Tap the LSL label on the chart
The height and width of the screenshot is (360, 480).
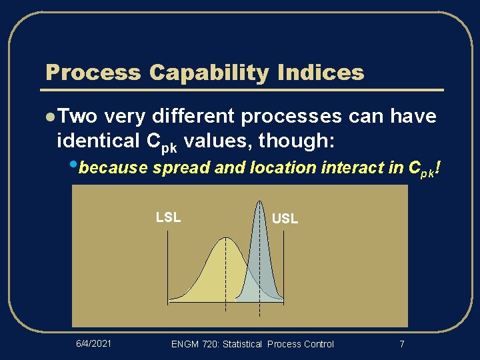pyautogui.click(x=168, y=217)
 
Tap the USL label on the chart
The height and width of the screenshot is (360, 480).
pyautogui.click(x=285, y=218)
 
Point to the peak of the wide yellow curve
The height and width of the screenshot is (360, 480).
pyautogui.click(x=225, y=238)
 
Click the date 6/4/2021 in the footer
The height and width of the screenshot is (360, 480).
pyautogui.click(x=93, y=343)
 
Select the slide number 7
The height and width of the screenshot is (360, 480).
pyautogui.click(x=401, y=344)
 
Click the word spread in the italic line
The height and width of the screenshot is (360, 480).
pyautogui.click(x=175, y=168)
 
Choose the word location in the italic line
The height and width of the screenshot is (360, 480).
pyautogui.click(x=281, y=168)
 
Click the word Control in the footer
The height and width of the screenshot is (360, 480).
pyautogui.click(x=318, y=344)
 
